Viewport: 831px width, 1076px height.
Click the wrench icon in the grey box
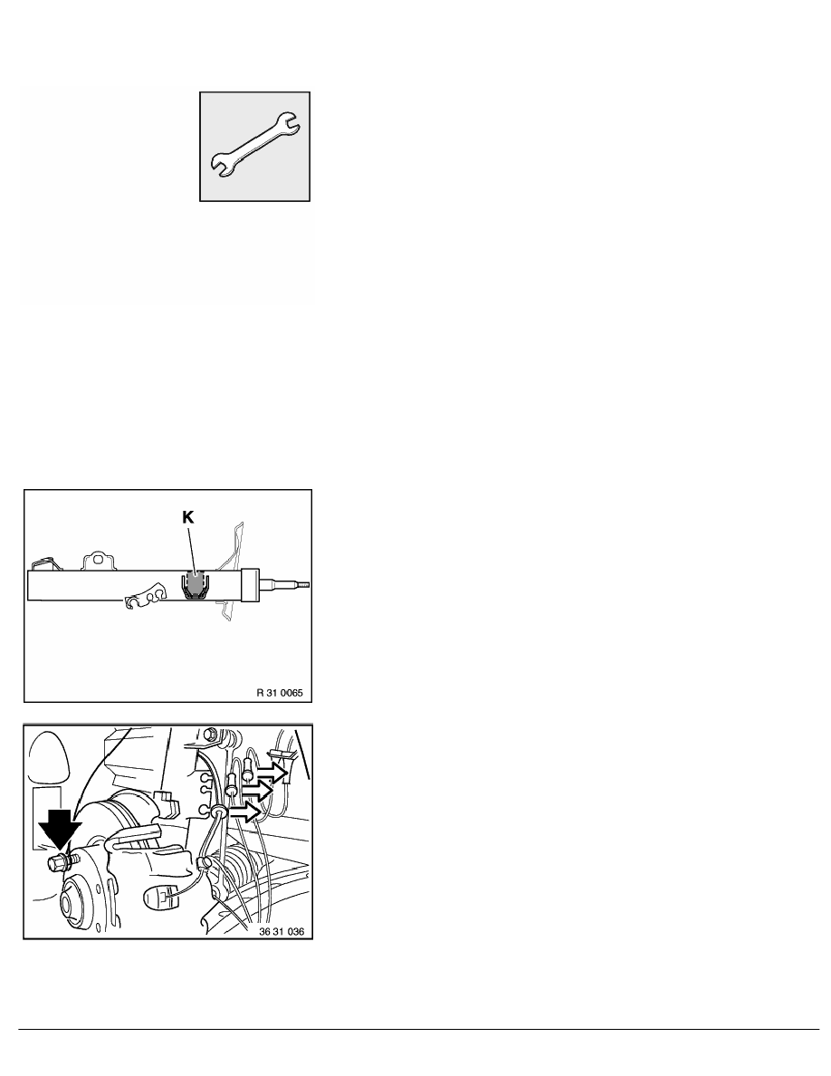click(254, 146)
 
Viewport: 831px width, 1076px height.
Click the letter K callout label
click(188, 518)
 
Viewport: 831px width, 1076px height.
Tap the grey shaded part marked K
click(196, 584)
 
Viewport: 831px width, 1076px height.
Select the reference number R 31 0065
click(280, 692)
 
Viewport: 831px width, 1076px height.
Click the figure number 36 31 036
click(282, 932)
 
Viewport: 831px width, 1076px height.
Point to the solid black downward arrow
click(60, 828)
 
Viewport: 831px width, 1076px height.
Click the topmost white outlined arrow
click(272, 773)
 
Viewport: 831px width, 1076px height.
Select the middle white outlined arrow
click(257, 792)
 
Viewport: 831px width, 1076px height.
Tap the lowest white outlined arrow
click(245, 812)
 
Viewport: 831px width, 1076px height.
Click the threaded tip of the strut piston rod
click(301, 585)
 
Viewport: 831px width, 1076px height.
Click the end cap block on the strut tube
click(250, 585)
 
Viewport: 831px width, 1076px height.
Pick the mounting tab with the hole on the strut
click(97, 562)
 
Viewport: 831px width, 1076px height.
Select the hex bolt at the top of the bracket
click(213, 734)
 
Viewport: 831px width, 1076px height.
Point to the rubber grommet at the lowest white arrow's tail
click(221, 813)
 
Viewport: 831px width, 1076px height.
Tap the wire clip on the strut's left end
click(44, 562)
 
